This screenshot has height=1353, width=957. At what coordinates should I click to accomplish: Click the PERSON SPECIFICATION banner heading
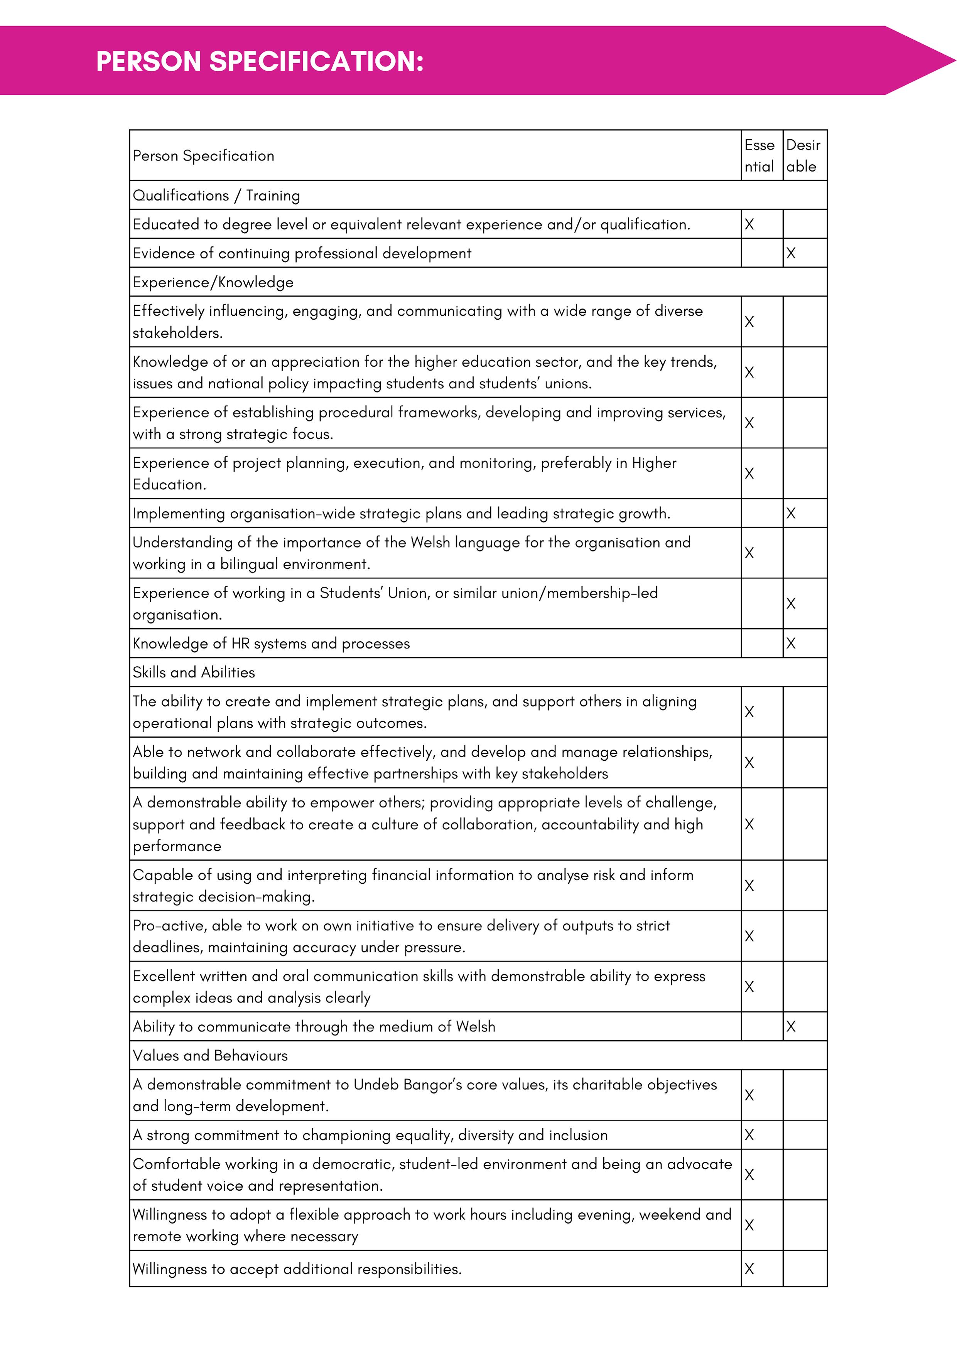point(260,61)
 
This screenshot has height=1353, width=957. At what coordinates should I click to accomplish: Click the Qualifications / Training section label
point(216,195)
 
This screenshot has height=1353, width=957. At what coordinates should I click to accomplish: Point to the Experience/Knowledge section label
point(213,282)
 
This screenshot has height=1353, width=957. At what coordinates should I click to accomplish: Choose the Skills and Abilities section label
point(193,672)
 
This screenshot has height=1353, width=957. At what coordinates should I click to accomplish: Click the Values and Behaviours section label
point(210,1055)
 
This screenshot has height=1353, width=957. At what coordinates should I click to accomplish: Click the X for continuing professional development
point(791,253)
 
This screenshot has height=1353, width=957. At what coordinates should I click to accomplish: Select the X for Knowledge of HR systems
point(791,644)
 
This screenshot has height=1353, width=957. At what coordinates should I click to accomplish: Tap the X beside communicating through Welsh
point(791,1026)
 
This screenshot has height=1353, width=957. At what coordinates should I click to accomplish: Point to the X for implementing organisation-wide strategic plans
point(791,513)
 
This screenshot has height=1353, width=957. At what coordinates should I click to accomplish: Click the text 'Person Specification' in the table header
point(203,155)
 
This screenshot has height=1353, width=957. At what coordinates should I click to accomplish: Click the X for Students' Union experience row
point(791,603)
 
